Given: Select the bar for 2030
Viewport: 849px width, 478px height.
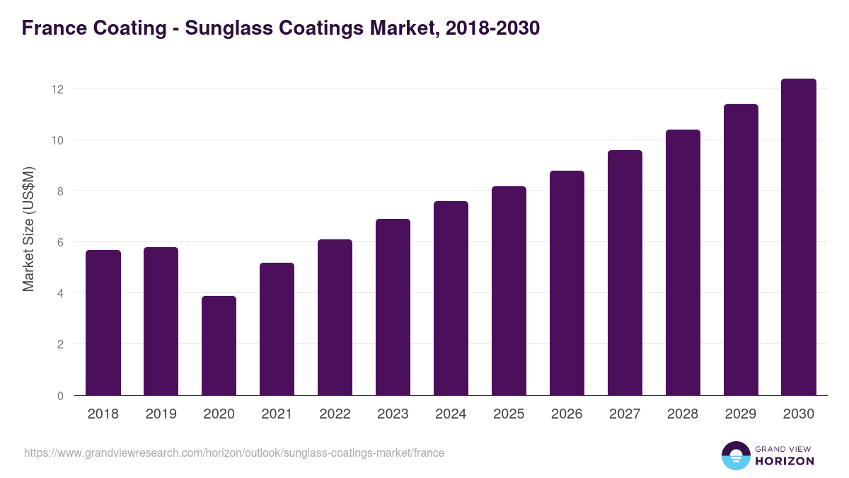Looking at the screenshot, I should (799, 237).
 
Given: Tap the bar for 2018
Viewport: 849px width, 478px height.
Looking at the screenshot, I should (103, 323).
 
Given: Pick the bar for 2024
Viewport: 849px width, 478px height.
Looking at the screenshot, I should (451, 298).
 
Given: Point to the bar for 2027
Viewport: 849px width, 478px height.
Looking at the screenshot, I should (625, 273).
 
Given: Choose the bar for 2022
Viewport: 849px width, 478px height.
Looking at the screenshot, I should (335, 317).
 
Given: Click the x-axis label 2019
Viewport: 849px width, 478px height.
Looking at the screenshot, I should (161, 414).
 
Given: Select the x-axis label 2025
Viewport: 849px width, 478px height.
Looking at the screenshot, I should (509, 414).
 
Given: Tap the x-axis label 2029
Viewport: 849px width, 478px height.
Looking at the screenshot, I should (741, 414).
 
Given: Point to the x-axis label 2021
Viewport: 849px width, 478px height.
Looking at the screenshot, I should (277, 414).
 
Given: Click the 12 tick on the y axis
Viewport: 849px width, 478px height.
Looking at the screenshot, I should (57, 89).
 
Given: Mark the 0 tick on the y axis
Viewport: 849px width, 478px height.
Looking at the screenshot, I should (60, 396).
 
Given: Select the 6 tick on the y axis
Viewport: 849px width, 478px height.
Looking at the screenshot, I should (60, 242).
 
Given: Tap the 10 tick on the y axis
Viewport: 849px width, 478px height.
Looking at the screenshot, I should (57, 140).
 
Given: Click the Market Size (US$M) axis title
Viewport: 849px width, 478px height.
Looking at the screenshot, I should (28, 228).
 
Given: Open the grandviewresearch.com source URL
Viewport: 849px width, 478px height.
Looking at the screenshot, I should (234, 453).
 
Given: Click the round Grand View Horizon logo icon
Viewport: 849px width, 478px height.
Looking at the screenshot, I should (735, 455).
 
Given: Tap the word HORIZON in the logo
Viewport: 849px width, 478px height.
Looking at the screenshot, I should (785, 461).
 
